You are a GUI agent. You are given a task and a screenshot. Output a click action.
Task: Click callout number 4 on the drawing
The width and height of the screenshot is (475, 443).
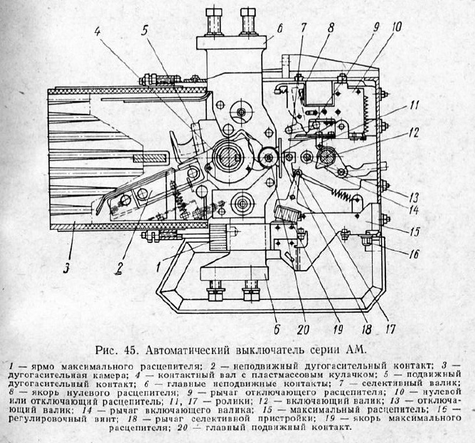tap(97, 31)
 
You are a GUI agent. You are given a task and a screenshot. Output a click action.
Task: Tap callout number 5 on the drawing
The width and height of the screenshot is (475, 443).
tap(144, 31)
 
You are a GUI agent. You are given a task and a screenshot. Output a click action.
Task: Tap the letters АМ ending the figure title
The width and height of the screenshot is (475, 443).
tap(353, 349)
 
